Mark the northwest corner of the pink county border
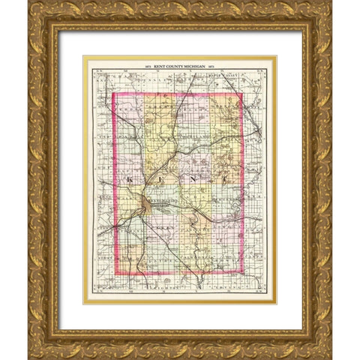click(x=113, y=92)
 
